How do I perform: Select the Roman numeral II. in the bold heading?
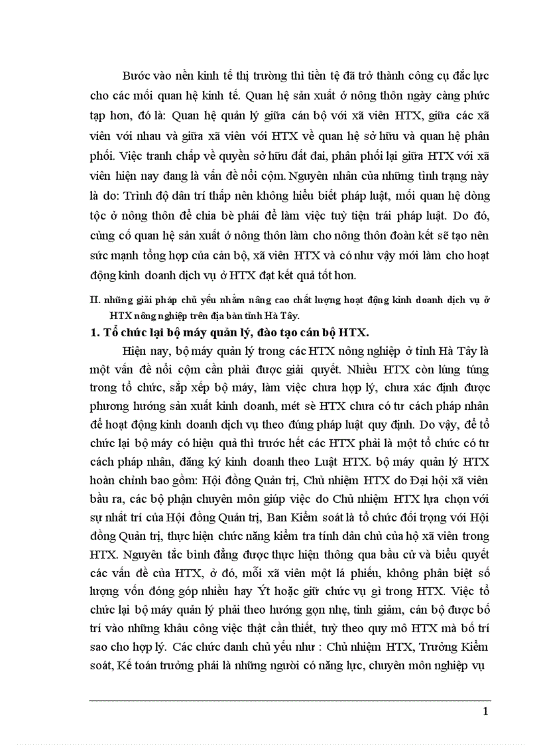point(94,300)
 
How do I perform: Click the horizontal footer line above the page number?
point(290,699)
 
